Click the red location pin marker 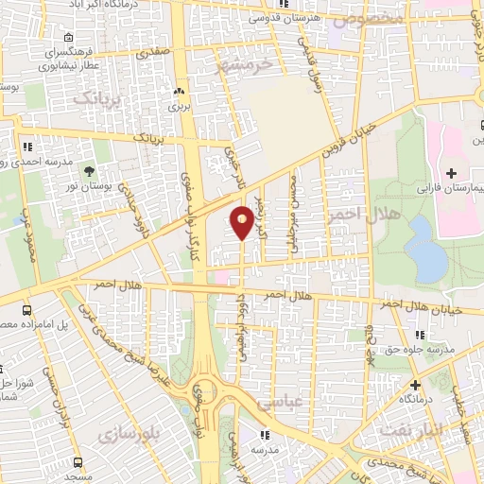(242, 221)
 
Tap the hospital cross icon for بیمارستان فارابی (450, 174)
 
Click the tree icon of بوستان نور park (89, 171)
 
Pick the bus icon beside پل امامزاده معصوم (26, 310)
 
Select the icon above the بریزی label (179, 93)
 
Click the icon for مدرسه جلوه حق (420, 335)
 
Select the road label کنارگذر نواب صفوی (195, 199)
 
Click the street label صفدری (153, 54)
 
